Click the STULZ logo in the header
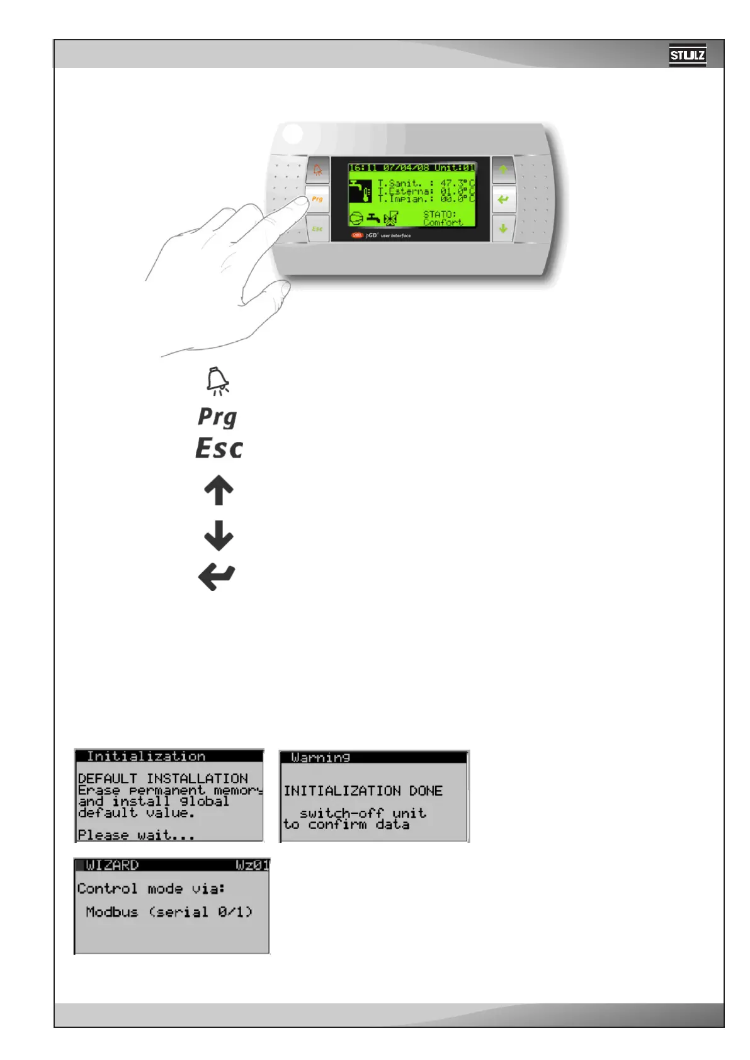click(687, 55)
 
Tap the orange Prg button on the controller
click(317, 199)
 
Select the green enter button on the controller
click(503, 200)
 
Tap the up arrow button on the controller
click(503, 170)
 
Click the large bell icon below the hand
click(218, 381)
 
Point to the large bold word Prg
click(218, 417)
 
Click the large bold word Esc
click(219, 448)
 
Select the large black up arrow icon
click(219, 490)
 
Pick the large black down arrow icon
click(219, 535)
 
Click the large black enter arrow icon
click(217, 577)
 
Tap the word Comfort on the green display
click(443, 222)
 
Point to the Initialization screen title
click(146, 756)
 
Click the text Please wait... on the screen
click(136, 835)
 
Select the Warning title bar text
click(321, 757)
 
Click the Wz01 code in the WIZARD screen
click(252, 865)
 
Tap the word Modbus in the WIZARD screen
click(111, 912)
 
